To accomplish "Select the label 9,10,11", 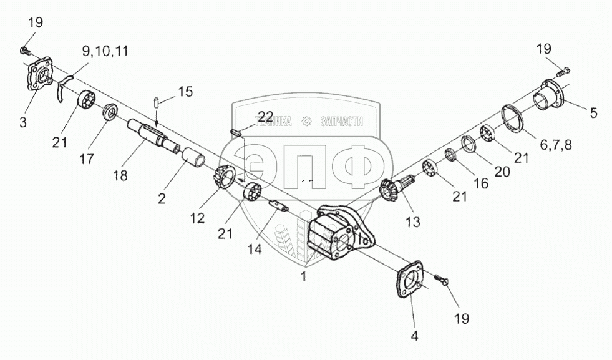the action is click(105, 51).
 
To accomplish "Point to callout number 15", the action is click(185, 92).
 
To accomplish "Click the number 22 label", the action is click(265, 116).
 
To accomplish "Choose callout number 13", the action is click(412, 221).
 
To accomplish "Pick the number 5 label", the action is click(593, 113).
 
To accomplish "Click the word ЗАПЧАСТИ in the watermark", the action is click(341, 122).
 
